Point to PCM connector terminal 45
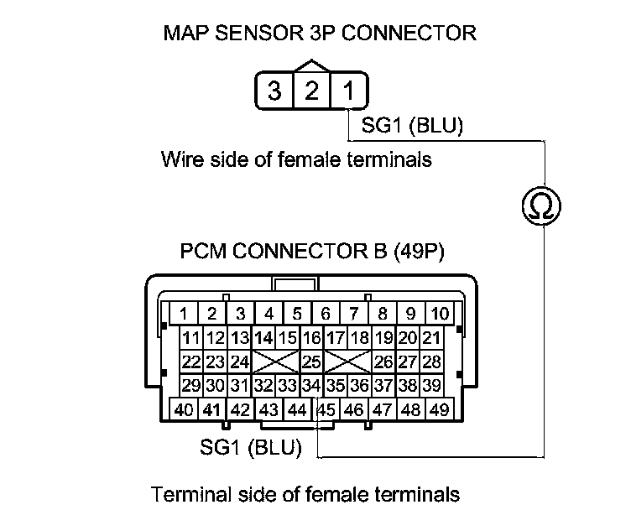pos(326,410)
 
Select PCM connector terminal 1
pos(183,315)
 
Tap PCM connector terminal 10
pos(439,315)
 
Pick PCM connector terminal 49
pos(438,410)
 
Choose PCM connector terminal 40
pos(184,410)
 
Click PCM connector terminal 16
pos(311,338)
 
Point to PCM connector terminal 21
pos(431,338)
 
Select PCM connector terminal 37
pos(383,386)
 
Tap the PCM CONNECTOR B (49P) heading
pos(312,252)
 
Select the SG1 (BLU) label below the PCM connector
pos(251,447)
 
